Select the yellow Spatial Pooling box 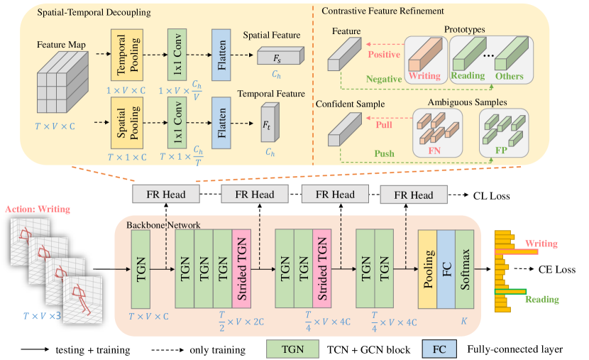click(127, 123)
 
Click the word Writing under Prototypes click(424, 76)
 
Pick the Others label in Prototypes click(509, 76)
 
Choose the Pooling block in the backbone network click(428, 268)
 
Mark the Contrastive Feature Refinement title click(382, 11)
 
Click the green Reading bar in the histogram click(510, 291)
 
